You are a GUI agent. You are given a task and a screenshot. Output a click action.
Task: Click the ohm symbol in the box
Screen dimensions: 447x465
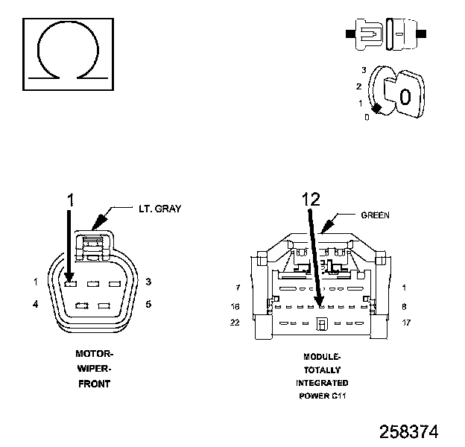click(68, 48)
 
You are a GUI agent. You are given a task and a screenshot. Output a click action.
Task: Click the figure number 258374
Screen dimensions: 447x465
click(408, 431)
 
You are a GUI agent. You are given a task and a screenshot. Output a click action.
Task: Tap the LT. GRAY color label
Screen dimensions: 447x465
click(159, 209)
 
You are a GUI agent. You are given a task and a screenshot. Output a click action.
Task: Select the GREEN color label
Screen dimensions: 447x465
click(376, 215)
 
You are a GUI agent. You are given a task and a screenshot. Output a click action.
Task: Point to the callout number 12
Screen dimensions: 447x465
click(311, 199)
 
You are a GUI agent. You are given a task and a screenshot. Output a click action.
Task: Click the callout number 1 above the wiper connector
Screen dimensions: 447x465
click(72, 199)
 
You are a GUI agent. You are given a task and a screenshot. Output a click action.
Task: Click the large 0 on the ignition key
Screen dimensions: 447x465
click(405, 96)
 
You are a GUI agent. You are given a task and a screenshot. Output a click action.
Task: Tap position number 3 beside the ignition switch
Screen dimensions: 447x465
click(362, 70)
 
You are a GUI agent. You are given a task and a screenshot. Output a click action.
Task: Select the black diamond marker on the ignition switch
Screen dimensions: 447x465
click(377, 109)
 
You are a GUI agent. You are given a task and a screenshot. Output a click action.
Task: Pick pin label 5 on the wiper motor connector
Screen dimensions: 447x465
click(149, 304)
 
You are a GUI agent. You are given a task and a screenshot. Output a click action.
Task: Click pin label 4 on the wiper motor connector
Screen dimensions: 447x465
click(35, 304)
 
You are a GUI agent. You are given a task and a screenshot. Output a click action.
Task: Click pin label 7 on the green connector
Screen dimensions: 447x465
click(237, 287)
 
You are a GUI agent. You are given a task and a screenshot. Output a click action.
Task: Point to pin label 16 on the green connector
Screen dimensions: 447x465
click(235, 306)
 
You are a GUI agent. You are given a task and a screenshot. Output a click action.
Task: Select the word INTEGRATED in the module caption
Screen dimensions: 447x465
click(322, 382)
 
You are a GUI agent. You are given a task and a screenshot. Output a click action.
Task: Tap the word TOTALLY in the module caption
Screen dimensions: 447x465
click(323, 370)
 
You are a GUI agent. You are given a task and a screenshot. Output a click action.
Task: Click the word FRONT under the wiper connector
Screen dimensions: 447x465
click(94, 384)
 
